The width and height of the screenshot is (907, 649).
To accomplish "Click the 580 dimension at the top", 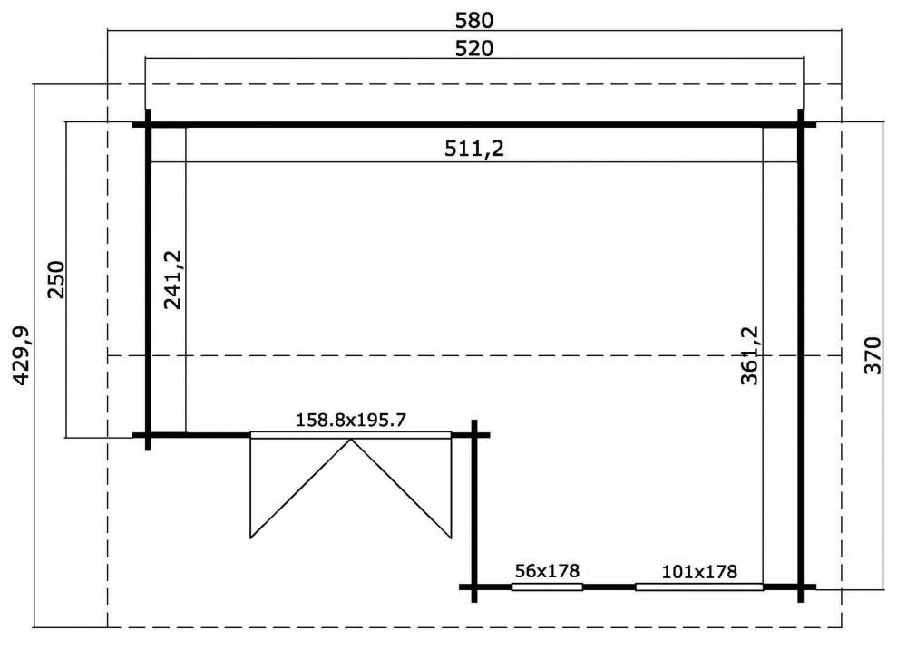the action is tap(474, 20).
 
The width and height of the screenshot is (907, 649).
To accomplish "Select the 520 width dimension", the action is tap(474, 49).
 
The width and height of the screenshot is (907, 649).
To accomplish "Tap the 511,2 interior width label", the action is tap(474, 149).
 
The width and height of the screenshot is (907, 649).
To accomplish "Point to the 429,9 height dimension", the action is tap(21, 355).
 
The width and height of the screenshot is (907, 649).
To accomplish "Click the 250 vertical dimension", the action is tap(56, 280).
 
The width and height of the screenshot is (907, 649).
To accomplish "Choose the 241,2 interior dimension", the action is tap(173, 280).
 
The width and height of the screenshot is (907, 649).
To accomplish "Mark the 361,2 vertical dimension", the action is tap(749, 355).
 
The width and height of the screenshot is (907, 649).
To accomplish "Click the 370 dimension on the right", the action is tap(873, 355).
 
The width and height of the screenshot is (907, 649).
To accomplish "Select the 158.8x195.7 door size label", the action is tap(351, 420).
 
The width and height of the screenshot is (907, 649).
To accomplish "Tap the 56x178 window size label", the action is tap(547, 571).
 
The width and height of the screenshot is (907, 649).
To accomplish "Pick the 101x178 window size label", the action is tap(699, 572).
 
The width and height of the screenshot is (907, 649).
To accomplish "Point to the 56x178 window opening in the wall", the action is tap(547, 587).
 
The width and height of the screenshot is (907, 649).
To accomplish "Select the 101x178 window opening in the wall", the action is tap(699, 587).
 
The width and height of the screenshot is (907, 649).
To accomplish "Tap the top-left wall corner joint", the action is tap(148, 124).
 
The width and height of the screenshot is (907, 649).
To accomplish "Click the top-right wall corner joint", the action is tap(801, 124).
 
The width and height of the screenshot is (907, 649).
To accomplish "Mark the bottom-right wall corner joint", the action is tap(801, 587).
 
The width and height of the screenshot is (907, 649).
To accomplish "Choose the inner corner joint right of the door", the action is tap(474, 434).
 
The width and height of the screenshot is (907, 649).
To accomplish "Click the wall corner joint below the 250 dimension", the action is tap(148, 434).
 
